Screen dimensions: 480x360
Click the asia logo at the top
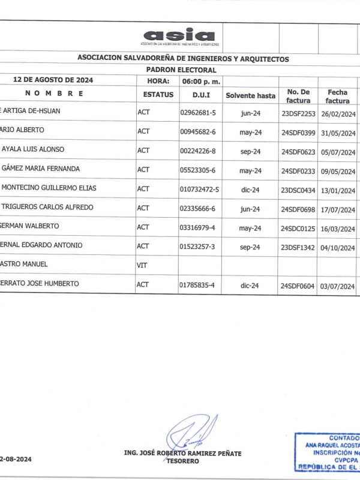[180, 37]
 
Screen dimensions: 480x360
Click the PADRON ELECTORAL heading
[181, 70]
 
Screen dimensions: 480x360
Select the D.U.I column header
[200, 95]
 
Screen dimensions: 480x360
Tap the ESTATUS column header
[158, 95]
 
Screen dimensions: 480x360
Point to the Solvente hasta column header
[250, 95]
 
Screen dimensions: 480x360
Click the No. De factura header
[298, 95]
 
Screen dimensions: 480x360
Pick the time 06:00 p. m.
[202, 81]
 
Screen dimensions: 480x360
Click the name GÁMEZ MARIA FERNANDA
[41, 169]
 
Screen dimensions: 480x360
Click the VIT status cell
[143, 265]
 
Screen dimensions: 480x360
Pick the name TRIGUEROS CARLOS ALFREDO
[48, 208]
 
